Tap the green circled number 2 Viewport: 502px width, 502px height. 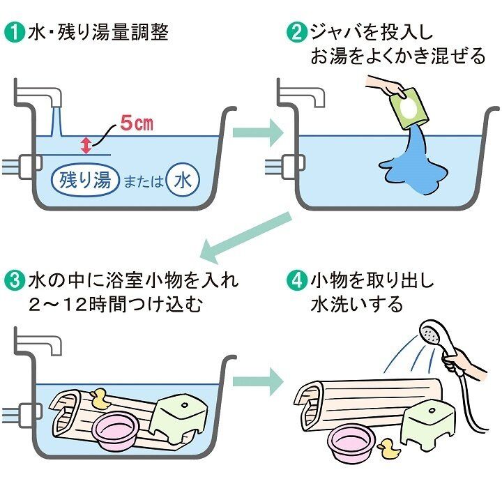[298, 33]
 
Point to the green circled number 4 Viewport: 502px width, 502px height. [298, 281]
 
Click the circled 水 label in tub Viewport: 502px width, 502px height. [183, 181]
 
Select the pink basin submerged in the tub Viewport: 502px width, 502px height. [116, 432]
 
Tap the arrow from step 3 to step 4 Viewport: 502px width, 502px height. [257, 381]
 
